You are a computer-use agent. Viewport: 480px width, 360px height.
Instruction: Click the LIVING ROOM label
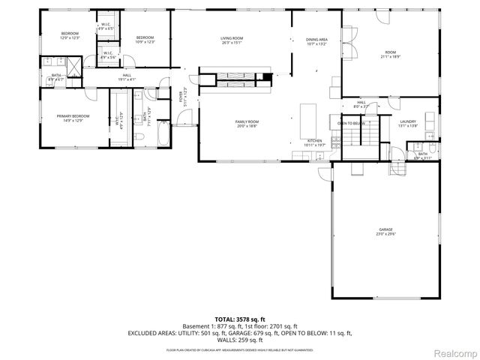(x=232, y=38)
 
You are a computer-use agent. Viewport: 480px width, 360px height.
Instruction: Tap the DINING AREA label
(x=316, y=39)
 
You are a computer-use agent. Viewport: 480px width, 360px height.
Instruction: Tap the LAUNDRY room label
(x=408, y=121)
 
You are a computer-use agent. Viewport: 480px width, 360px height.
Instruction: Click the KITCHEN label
(x=314, y=140)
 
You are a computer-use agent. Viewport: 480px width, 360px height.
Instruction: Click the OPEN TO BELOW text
(x=351, y=123)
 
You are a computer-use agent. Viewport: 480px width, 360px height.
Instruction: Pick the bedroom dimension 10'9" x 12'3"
(x=145, y=42)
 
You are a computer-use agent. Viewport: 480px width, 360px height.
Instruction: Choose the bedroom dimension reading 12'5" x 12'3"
(x=70, y=37)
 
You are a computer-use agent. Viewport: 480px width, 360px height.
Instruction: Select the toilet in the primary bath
(x=140, y=136)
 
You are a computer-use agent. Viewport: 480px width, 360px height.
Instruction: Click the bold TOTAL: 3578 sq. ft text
(x=239, y=319)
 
